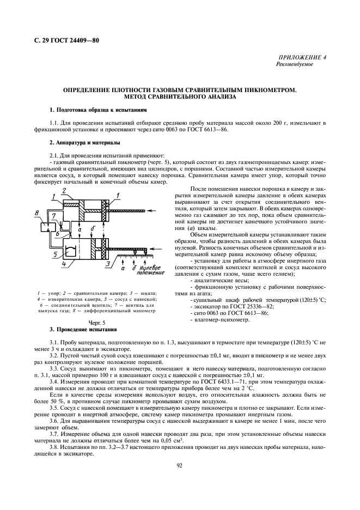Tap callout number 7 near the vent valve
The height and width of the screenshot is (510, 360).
pos(54,216)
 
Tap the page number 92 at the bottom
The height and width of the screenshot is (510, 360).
pos(179,465)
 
